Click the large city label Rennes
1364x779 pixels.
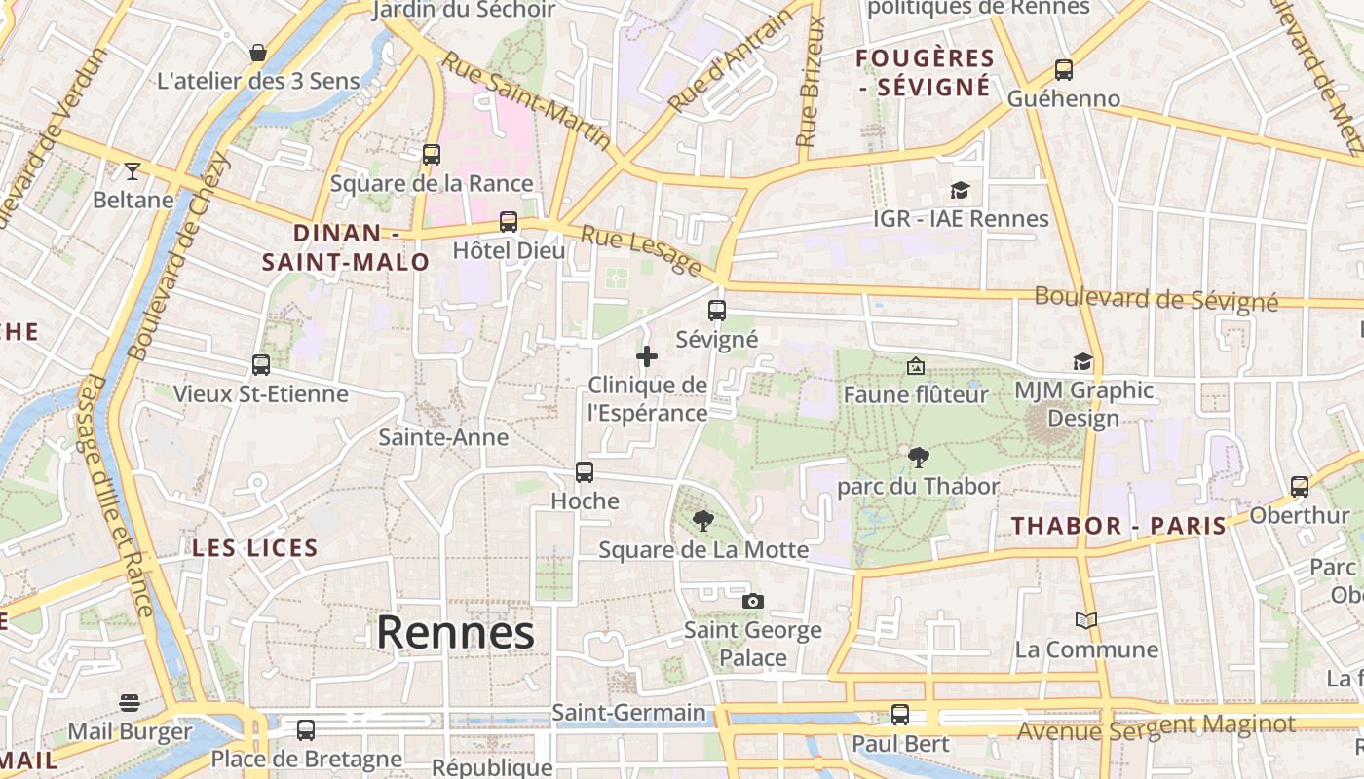(455, 632)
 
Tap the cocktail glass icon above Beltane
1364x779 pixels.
(133, 171)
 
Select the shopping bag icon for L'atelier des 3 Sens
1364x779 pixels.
(258, 52)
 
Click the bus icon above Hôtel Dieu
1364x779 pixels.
(508, 221)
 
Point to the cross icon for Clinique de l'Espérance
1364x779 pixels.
(646, 356)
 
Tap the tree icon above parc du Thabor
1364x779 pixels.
(918, 457)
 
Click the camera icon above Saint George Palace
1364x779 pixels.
(752, 601)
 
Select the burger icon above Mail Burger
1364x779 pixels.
(130, 702)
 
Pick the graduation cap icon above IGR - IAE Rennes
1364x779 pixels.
(961, 190)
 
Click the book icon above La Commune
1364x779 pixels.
(1085, 619)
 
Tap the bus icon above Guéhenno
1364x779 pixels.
(1063, 70)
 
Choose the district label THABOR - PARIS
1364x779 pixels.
(1118, 526)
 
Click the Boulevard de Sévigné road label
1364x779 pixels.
(1156, 299)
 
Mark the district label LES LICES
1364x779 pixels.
(255, 547)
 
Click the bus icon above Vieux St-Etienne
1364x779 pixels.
(260, 364)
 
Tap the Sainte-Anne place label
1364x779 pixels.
(443, 437)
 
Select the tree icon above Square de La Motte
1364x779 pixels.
(702, 521)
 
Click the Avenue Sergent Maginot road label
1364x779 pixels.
(1156, 725)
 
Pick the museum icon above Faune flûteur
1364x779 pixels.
(915, 366)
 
